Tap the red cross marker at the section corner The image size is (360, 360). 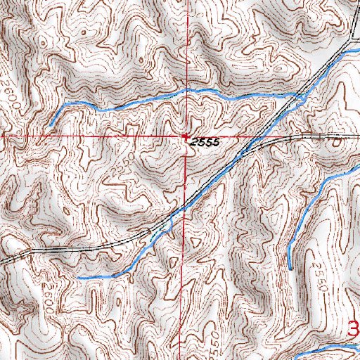pos(186,135)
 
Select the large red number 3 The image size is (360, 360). pos(355,328)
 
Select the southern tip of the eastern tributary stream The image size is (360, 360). pos(289,267)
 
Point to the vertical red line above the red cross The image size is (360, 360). pos(186,63)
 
